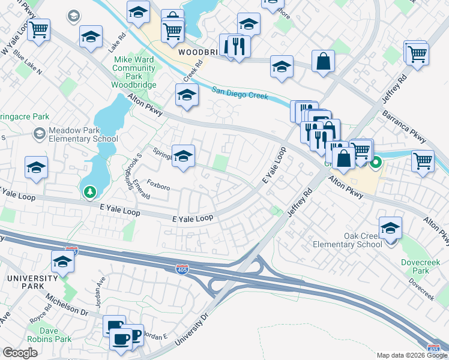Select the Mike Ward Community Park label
(x=134, y=73)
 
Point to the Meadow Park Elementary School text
(x=75, y=135)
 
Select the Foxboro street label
(x=158, y=187)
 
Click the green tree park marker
(x=90, y=192)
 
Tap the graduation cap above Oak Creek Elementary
(x=390, y=227)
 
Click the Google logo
(x=20, y=353)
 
